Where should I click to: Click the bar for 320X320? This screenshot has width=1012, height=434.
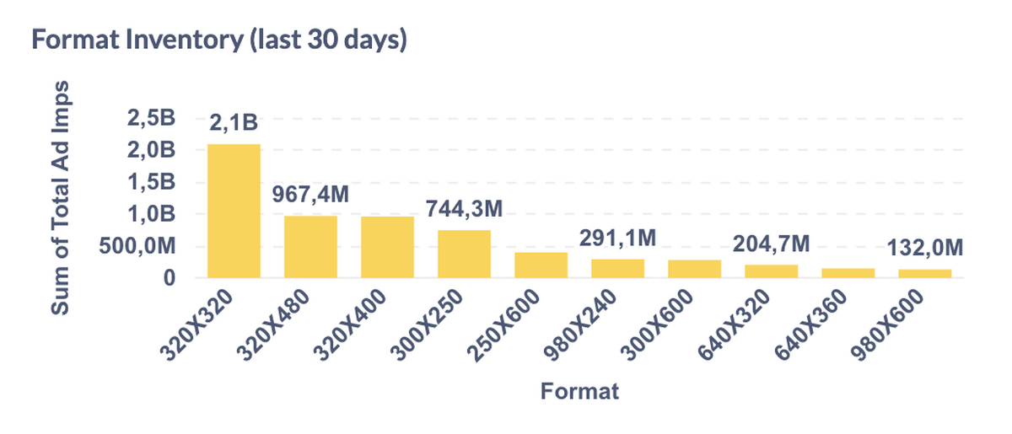pyautogui.click(x=234, y=211)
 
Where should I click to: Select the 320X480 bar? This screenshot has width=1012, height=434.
pyautogui.click(x=310, y=247)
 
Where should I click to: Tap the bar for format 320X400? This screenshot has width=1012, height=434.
pyautogui.click(x=387, y=247)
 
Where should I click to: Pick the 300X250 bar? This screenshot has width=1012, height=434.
pyautogui.click(x=464, y=254)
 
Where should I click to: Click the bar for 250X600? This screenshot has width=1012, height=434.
pyautogui.click(x=541, y=265)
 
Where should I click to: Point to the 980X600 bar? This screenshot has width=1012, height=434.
pyautogui.click(x=924, y=273)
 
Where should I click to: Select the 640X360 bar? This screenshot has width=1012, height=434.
pyautogui.click(x=848, y=273)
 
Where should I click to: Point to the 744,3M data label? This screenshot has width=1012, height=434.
pyautogui.click(x=464, y=208)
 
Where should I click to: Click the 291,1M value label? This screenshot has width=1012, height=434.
pyautogui.click(x=617, y=238)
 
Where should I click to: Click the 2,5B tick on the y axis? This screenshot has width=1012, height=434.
pyautogui.click(x=151, y=119)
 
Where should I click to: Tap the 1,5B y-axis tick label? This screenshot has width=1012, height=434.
pyautogui.click(x=151, y=182)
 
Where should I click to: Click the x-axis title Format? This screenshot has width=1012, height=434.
pyautogui.click(x=579, y=392)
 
